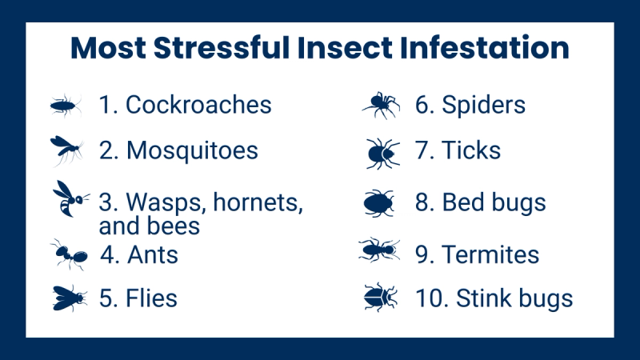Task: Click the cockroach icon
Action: pos(66,105)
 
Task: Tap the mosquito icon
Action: pos(66,150)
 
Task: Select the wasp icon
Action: pos(66,198)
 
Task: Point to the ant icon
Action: pos(69,255)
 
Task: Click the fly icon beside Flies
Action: pos(69,298)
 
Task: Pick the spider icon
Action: pos(381,105)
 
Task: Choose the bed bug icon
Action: pos(381,202)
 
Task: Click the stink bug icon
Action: pos(380,298)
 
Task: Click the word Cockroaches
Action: pos(198,105)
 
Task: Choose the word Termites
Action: pos(490,254)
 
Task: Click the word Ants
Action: pos(152,255)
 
